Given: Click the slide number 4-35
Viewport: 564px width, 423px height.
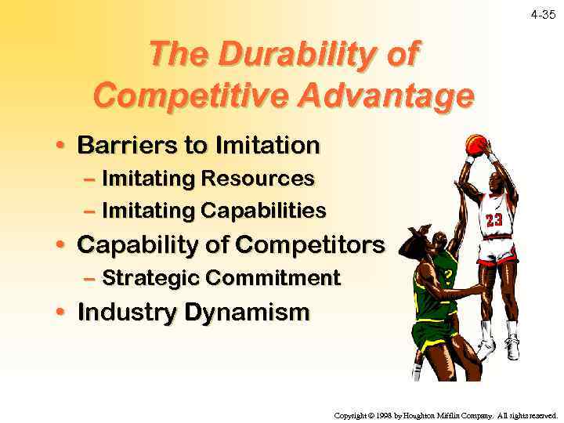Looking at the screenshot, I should (542, 15).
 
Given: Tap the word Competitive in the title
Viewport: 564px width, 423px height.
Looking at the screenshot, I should (192, 97).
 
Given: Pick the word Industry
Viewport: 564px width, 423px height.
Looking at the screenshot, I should (128, 313).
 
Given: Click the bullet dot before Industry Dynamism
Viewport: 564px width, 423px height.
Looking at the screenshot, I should (60, 313).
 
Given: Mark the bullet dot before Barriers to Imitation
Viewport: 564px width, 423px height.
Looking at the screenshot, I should (60, 146).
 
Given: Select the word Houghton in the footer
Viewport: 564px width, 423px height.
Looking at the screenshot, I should (430, 415).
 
